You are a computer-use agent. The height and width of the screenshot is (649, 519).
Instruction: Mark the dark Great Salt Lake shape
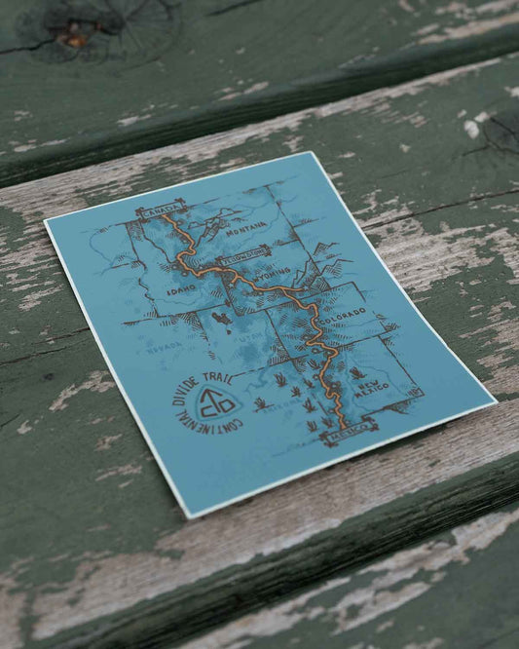click(x=226, y=321)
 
